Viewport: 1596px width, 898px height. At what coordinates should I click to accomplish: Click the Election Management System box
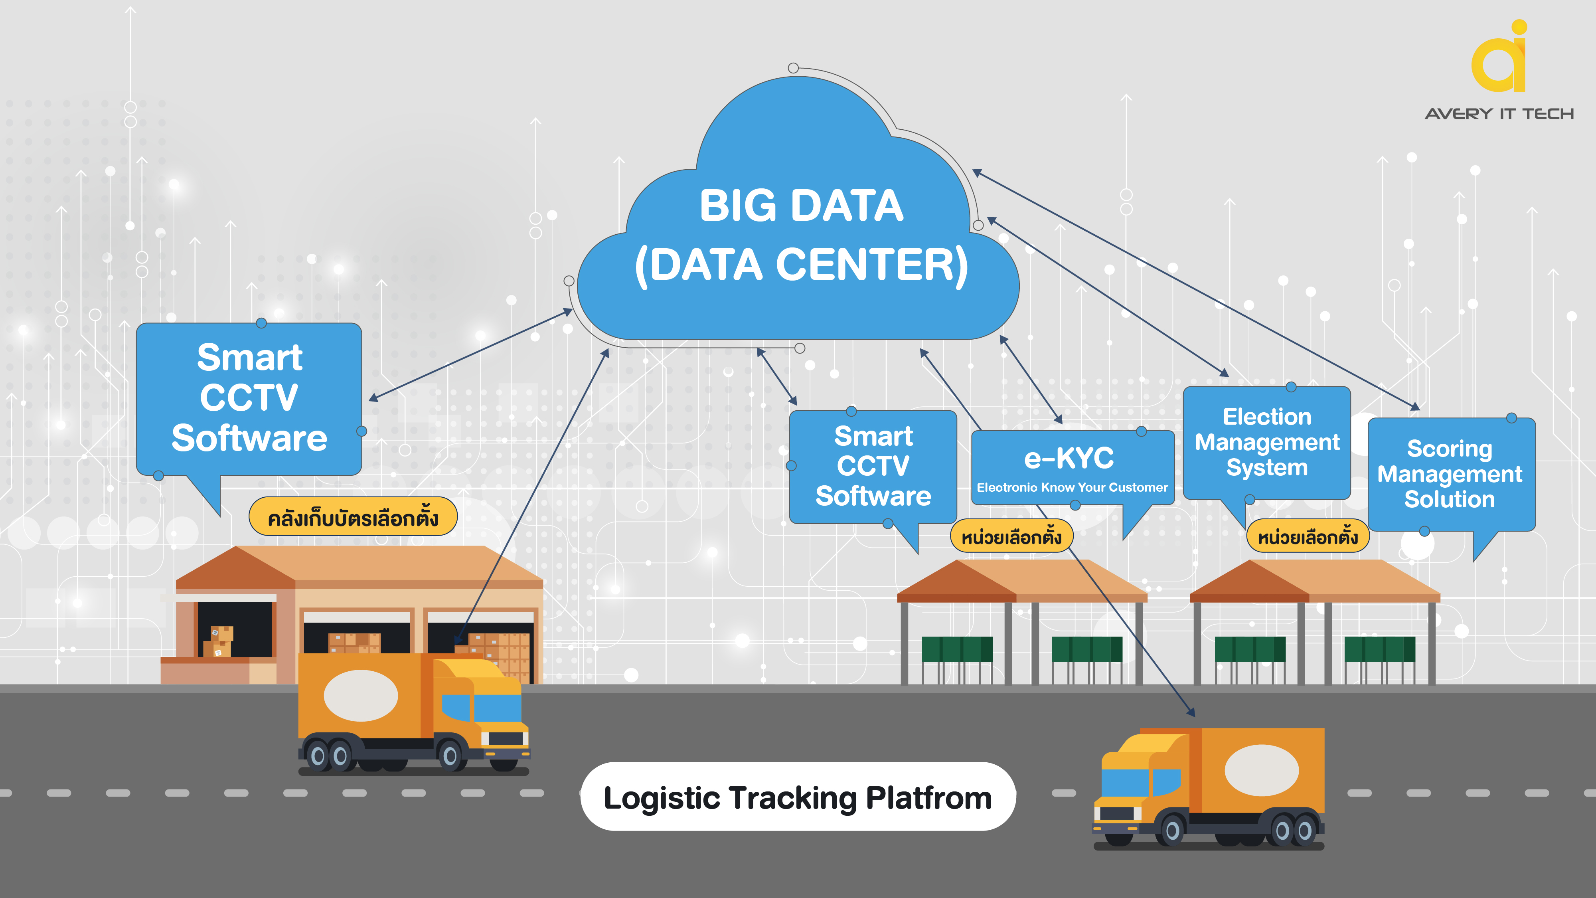pos(1266,442)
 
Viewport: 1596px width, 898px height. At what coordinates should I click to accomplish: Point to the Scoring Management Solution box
pos(1450,474)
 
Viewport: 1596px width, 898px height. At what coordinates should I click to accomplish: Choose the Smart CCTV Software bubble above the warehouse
pos(249,398)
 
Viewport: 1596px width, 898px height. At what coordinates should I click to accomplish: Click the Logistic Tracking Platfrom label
pos(797,797)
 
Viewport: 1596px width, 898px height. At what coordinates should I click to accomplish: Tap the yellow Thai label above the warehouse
pos(353,518)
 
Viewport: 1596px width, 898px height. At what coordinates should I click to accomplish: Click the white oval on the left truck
pos(361,695)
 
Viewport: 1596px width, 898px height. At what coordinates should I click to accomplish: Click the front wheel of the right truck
pos(1171,830)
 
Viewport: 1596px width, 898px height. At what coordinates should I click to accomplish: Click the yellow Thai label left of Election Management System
pos(1307,536)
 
